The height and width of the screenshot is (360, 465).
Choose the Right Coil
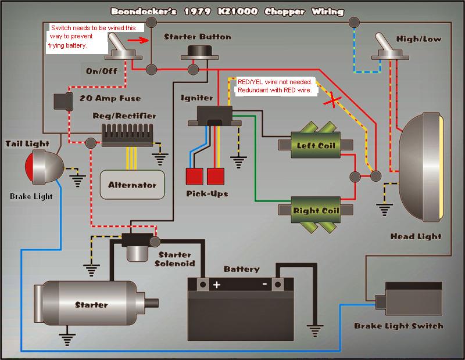click(x=314, y=210)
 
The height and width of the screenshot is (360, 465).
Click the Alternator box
click(x=132, y=185)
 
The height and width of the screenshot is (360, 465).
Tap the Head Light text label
click(x=416, y=237)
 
